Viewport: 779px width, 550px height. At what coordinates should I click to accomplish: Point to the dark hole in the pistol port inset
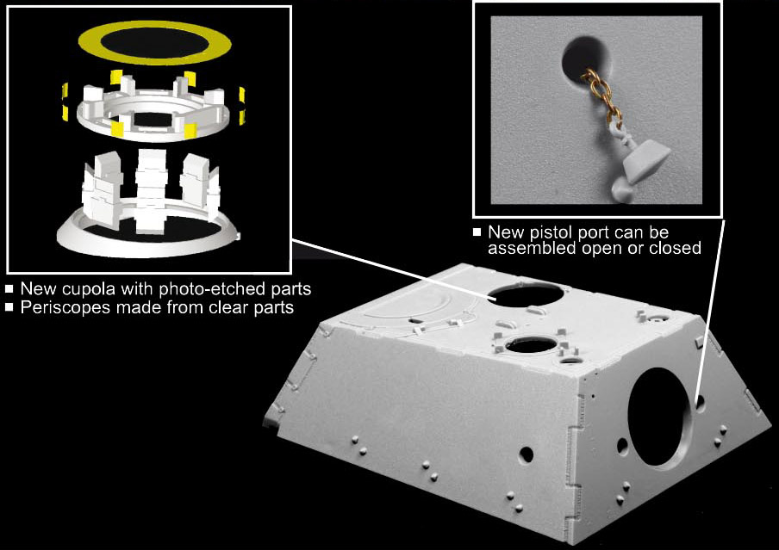pyautogui.click(x=586, y=59)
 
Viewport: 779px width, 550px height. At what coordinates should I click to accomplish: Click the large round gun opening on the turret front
pyautogui.click(x=659, y=417)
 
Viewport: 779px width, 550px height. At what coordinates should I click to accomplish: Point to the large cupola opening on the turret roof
pyautogui.click(x=527, y=295)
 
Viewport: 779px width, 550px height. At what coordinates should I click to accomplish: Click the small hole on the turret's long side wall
pyautogui.click(x=527, y=454)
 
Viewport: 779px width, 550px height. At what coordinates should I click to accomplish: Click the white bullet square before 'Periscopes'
pyautogui.click(x=9, y=307)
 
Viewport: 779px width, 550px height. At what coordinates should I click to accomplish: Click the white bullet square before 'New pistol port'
pyautogui.click(x=477, y=232)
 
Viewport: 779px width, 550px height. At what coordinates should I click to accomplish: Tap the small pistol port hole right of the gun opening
pyautogui.click(x=700, y=402)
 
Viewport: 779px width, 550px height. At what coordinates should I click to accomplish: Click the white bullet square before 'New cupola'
pyautogui.click(x=9, y=288)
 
